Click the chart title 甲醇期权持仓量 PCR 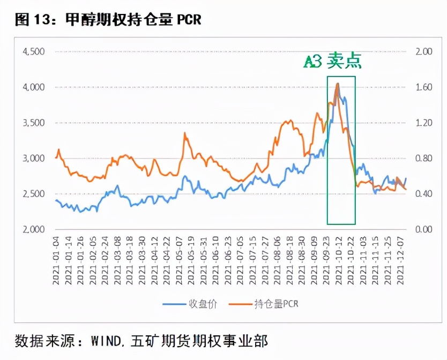[x=133, y=20]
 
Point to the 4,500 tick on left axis [x=33, y=51]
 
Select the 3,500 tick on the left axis [x=33, y=123]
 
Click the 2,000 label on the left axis [x=33, y=229]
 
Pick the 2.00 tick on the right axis [x=423, y=51]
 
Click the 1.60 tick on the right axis [x=423, y=87]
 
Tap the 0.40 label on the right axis [x=423, y=194]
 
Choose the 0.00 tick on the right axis [x=423, y=229]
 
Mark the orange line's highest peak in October [x=337, y=84]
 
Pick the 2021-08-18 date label [x=289, y=261]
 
